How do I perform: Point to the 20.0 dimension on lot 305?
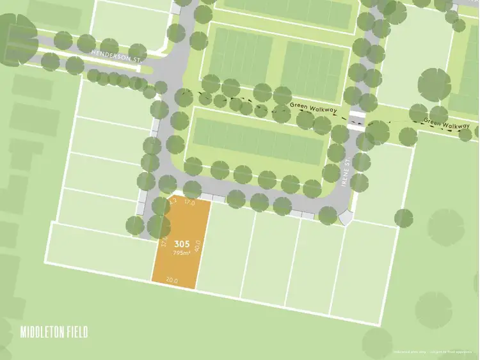pyautogui.click(x=172, y=279)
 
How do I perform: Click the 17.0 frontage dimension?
pyautogui.click(x=189, y=203)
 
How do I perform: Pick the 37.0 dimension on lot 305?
pyautogui.click(x=164, y=243)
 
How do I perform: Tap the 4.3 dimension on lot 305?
pyautogui.click(x=172, y=201)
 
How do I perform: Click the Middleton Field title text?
pyautogui.click(x=54, y=332)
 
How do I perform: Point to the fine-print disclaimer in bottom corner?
pyautogui.click(x=435, y=351)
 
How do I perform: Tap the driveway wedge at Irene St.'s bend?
pyautogui.click(x=345, y=218)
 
